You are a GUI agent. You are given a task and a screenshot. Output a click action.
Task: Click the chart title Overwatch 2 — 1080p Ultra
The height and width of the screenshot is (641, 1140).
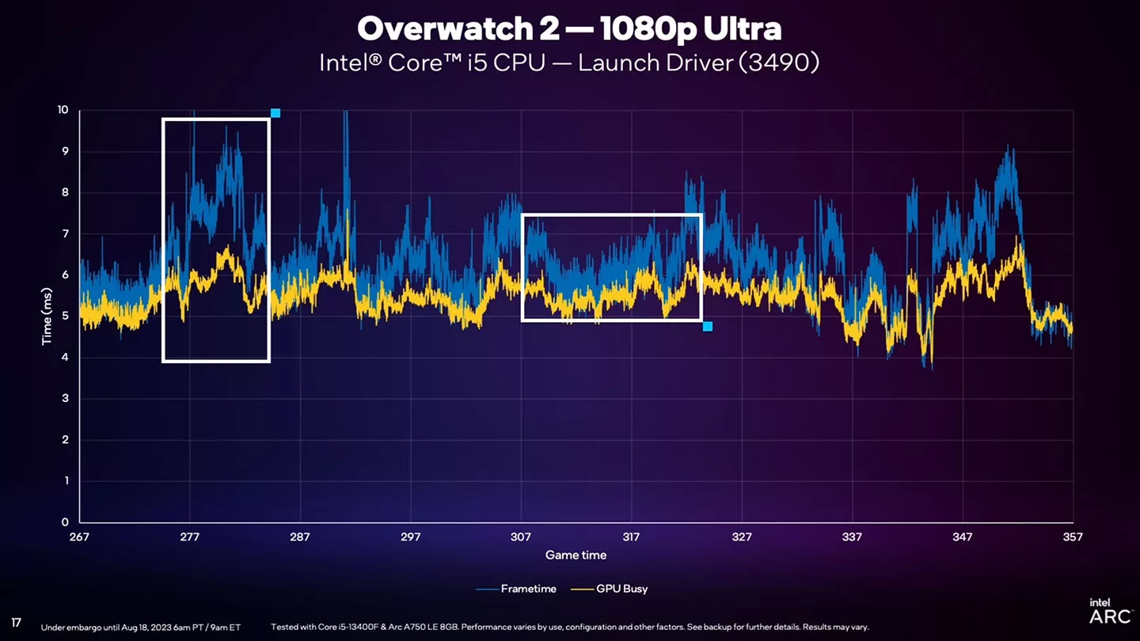click(569, 29)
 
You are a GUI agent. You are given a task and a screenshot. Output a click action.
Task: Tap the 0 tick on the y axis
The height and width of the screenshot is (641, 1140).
click(65, 522)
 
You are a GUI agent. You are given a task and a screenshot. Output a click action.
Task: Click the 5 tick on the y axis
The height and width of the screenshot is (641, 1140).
click(65, 317)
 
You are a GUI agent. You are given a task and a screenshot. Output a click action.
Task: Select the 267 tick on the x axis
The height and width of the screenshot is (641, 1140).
click(79, 537)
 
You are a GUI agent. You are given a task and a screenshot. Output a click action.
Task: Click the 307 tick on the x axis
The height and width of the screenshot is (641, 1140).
click(521, 537)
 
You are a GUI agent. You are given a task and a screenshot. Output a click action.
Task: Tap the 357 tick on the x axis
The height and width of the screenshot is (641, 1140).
click(1072, 537)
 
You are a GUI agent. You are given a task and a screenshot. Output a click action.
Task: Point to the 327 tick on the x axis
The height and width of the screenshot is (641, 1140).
click(742, 537)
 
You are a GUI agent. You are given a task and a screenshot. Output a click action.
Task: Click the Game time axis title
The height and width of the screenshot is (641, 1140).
click(576, 556)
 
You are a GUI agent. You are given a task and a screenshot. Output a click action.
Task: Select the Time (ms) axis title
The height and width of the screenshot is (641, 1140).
click(47, 316)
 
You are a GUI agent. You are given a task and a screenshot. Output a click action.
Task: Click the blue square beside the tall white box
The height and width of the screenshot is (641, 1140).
click(275, 113)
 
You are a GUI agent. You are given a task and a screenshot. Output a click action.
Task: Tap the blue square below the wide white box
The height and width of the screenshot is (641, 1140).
click(708, 326)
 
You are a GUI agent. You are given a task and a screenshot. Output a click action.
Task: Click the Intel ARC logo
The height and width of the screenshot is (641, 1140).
click(1110, 611)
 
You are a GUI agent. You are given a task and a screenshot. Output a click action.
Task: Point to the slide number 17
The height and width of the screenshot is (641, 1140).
click(16, 623)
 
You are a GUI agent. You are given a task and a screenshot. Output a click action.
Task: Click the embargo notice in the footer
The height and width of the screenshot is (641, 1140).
click(141, 627)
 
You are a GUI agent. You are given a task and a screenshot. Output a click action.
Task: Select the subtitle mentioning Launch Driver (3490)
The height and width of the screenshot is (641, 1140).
click(569, 63)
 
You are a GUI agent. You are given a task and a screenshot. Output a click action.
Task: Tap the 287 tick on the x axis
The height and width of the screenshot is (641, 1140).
click(300, 537)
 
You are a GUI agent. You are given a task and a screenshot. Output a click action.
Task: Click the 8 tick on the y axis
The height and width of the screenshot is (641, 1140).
click(65, 192)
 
